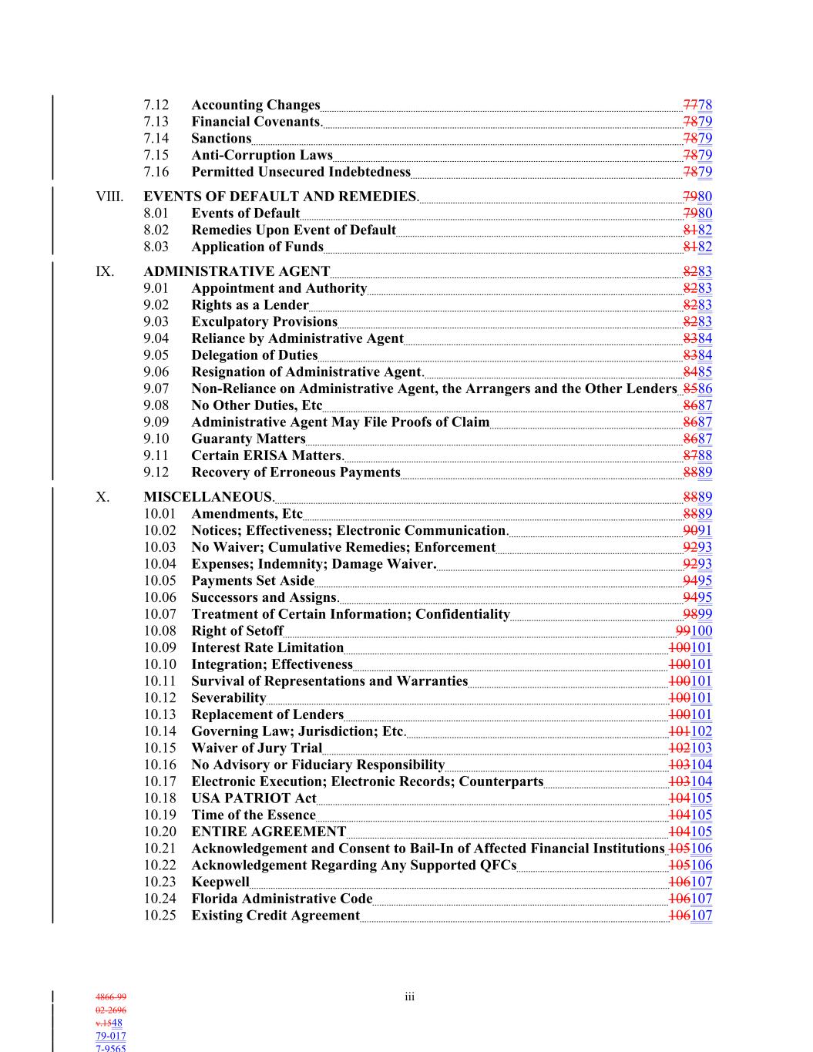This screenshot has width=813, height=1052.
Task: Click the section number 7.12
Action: (156, 105)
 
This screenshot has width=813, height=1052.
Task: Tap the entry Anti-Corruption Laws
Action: (262, 155)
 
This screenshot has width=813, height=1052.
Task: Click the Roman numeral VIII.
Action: (109, 197)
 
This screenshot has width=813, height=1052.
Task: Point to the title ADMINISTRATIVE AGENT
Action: (237, 271)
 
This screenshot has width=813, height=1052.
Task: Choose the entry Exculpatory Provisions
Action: (264, 321)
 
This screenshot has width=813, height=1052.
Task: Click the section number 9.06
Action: (156, 372)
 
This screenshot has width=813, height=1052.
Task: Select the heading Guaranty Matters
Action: (248, 439)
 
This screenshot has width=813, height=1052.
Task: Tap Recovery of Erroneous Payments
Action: (296, 472)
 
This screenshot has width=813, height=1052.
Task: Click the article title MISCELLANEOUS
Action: (208, 497)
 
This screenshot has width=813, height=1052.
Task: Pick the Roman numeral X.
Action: (102, 497)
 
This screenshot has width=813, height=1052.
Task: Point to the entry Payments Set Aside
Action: (253, 581)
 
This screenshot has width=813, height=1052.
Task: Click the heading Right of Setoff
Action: (237, 631)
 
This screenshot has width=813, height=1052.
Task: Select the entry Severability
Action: (228, 698)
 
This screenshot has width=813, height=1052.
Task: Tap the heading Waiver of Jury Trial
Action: (257, 748)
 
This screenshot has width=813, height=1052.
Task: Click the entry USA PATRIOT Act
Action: (254, 798)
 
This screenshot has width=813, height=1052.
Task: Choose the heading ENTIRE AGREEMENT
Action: (268, 832)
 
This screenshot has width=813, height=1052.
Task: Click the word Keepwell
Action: (220, 882)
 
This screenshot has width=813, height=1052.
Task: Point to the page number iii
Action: (409, 997)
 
